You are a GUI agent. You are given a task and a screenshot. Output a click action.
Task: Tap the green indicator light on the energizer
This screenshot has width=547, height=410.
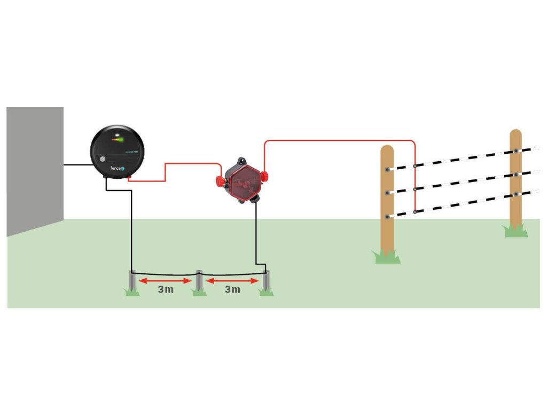[x=120, y=140]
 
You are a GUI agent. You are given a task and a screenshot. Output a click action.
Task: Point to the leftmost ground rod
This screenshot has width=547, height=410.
[x=132, y=281]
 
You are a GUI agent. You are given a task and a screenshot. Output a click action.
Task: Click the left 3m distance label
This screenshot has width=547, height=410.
[x=165, y=290]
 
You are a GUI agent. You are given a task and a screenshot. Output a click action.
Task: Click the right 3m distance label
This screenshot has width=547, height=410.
[x=232, y=290]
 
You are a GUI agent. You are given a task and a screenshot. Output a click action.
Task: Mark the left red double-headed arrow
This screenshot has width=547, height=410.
[x=165, y=280]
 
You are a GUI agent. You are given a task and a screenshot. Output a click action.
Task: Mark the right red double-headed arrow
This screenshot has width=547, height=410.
[x=232, y=280]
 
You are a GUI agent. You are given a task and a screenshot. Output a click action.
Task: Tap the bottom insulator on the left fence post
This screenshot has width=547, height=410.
[x=387, y=216]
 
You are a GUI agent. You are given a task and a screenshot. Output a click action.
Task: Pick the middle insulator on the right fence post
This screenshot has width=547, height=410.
[x=515, y=174]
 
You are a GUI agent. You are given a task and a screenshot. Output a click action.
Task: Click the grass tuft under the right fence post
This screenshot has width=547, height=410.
[x=516, y=231]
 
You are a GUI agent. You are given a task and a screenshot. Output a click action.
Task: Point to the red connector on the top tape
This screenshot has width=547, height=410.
[x=415, y=166]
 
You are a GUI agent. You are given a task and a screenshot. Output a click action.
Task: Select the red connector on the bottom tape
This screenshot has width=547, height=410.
[x=415, y=212]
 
